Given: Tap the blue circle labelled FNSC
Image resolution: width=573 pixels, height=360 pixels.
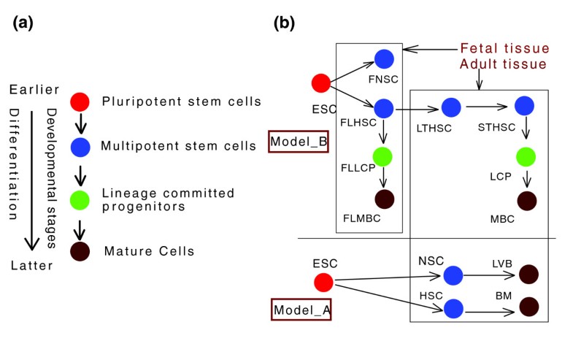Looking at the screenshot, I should (x=384, y=60).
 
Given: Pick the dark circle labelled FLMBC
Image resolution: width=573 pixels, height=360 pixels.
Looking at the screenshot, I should (x=383, y=199).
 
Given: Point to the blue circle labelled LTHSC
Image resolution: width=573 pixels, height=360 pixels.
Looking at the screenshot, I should (x=450, y=107).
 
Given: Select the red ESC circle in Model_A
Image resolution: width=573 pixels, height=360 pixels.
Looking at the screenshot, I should (x=323, y=283).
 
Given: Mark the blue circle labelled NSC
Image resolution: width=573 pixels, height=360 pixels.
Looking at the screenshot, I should (x=453, y=275).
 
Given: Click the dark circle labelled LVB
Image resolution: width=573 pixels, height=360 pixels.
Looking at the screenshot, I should (x=528, y=275).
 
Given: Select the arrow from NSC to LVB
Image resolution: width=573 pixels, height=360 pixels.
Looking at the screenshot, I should (x=491, y=275).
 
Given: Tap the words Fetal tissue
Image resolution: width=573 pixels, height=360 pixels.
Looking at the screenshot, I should (x=504, y=49).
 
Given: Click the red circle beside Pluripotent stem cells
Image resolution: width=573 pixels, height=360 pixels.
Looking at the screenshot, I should (x=80, y=102).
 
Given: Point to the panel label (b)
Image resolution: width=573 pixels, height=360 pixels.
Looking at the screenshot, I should (x=284, y=23).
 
